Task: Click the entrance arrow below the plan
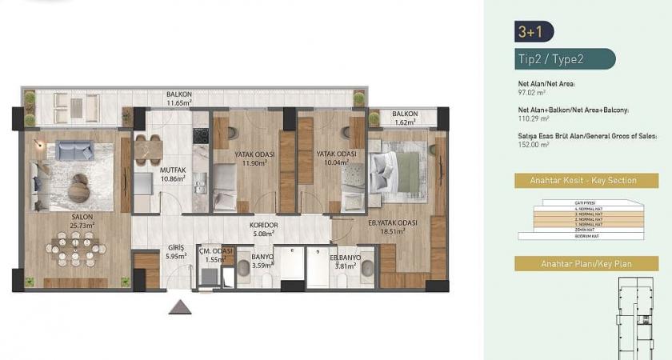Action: (180, 308)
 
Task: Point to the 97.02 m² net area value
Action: (532, 92)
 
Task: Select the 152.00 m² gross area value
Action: (534, 145)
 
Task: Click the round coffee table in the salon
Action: (79, 184)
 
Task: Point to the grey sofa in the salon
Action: (74, 150)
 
